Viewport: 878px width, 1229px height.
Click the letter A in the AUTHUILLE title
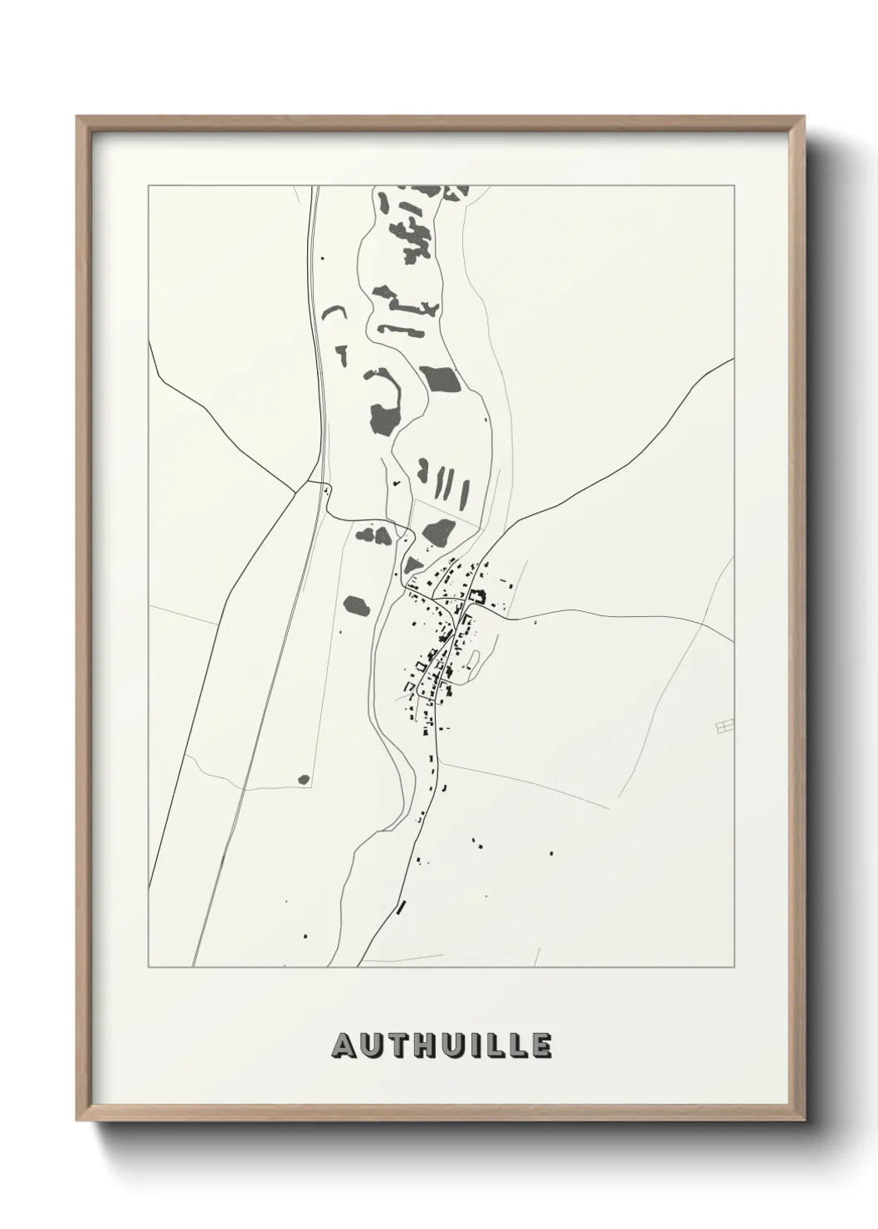click(344, 1046)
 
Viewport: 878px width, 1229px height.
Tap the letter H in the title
click(419, 1046)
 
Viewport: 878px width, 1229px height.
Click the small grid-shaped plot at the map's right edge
click(724, 727)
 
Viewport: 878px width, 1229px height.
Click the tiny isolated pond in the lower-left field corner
click(304, 780)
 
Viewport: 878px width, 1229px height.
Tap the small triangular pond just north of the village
click(412, 565)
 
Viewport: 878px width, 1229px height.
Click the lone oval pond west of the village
click(356, 605)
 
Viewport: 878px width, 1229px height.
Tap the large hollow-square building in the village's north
click(477, 595)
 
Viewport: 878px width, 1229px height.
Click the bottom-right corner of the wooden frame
click(806, 1120)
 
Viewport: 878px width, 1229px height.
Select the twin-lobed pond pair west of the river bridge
click(373, 534)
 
